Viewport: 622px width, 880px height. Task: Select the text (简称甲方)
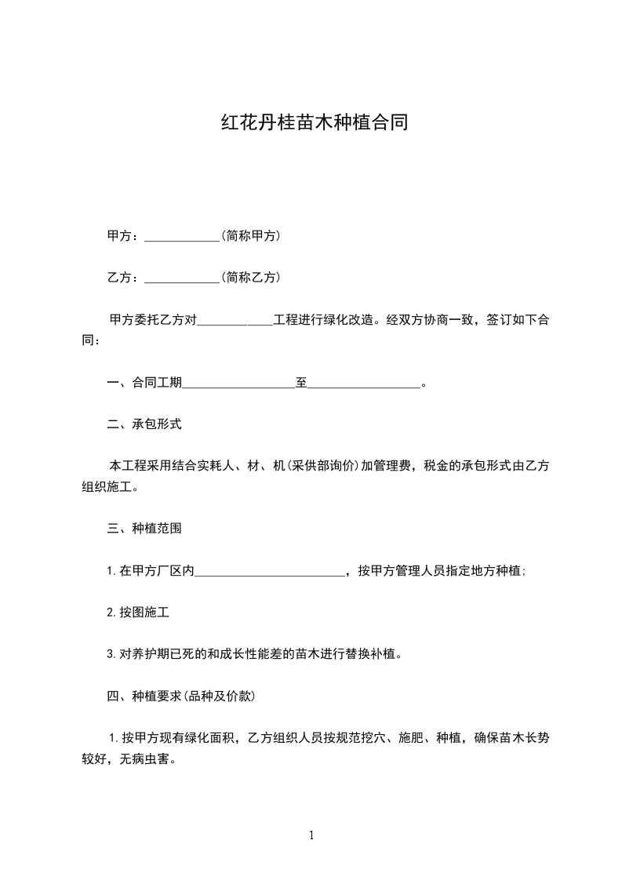(250, 235)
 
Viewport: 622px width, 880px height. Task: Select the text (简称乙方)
(250, 277)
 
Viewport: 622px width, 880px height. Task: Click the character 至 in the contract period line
(301, 383)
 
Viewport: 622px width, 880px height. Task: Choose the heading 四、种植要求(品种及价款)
(180, 696)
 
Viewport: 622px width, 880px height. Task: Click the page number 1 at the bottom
(311, 835)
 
